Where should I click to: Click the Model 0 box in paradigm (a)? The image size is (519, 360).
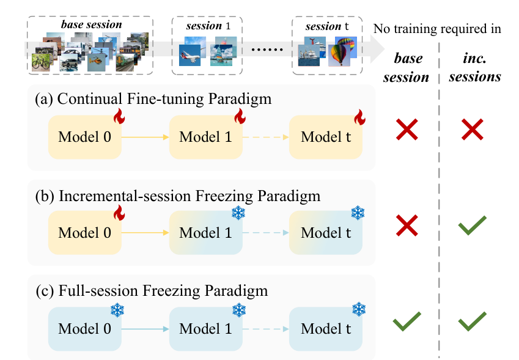(x=85, y=138)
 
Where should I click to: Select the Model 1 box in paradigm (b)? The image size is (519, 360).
(x=206, y=233)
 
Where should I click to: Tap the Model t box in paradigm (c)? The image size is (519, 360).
(x=326, y=329)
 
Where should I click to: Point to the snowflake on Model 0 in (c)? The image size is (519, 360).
(x=116, y=310)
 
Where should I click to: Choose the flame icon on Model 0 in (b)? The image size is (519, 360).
(x=119, y=213)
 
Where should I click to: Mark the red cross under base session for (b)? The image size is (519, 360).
(x=408, y=226)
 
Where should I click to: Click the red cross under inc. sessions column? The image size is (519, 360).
(x=472, y=130)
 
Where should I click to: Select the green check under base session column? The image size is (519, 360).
(x=408, y=321)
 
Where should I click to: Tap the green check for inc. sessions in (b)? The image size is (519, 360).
(x=472, y=225)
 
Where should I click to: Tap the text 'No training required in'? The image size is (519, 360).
(x=438, y=28)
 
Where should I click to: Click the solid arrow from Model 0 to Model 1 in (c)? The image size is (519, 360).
(x=145, y=329)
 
